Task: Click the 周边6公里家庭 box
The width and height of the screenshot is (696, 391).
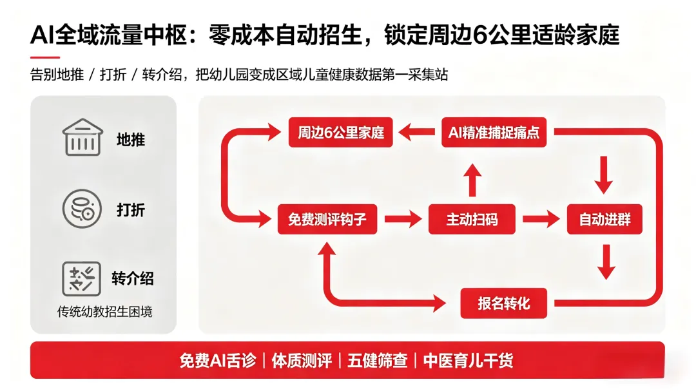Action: tap(340, 133)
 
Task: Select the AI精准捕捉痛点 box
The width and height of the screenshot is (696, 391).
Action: tap(494, 133)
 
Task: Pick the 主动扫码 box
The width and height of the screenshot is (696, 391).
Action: tap(472, 219)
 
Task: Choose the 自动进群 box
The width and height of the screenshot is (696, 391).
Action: tap(604, 219)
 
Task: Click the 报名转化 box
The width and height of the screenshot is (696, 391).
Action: tap(504, 302)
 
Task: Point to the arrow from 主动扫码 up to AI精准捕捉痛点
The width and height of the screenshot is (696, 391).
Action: tap(472, 178)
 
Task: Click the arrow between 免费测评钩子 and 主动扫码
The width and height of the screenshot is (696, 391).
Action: tap(403, 219)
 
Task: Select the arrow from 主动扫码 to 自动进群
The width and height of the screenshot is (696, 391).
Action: tap(540, 219)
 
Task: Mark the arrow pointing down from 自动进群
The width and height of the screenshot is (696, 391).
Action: tap(604, 261)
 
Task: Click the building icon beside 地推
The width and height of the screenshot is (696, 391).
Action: tap(82, 137)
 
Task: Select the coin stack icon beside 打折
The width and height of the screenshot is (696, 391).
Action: tap(82, 208)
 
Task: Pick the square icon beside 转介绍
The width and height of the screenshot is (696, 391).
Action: tap(82, 278)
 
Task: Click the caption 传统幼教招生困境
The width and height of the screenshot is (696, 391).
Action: tap(105, 312)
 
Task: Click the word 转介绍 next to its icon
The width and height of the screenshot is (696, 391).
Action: tap(133, 278)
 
